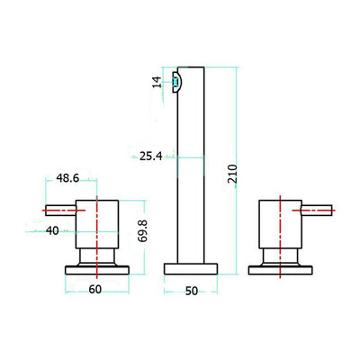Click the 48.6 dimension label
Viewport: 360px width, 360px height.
coord(67,178)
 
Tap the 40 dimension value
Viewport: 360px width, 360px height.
coord(52,230)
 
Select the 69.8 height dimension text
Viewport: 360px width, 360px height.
coord(142,230)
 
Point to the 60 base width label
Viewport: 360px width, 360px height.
coord(95,290)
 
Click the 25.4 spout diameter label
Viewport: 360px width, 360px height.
coord(151,156)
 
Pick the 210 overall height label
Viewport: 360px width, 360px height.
coord(232,174)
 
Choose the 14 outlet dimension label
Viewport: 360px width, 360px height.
coord(157,82)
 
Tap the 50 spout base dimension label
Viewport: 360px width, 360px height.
coord(192,291)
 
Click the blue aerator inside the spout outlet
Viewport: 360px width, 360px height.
coord(175,81)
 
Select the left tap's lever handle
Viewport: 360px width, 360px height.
coord(60,211)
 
